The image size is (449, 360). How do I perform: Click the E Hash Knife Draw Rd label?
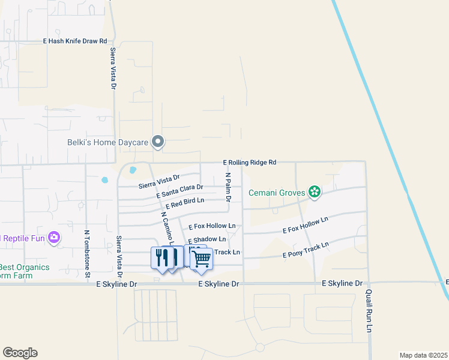click(75, 41)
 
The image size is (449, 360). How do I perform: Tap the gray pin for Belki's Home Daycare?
click(158, 142)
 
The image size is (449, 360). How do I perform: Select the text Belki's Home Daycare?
click(107, 143)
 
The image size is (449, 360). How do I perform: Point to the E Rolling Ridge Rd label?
click(249, 162)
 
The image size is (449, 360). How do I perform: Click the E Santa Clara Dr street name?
click(179, 191)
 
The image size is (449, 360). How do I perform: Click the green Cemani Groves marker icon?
click(313, 192)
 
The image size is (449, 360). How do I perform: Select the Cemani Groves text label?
click(277, 193)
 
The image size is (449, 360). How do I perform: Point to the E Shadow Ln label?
click(206, 240)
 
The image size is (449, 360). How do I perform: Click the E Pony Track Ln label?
click(306, 250)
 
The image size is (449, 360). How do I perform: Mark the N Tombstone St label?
click(87, 253)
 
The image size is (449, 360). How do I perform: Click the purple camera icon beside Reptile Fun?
click(54, 238)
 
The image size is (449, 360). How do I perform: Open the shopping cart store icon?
click(202, 259)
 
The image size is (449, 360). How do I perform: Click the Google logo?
click(20, 353)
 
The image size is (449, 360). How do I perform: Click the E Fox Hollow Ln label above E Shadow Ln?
click(212, 227)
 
